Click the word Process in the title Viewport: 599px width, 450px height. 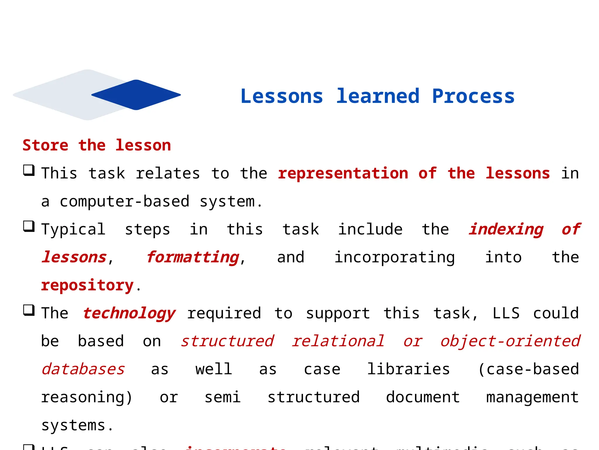pyautogui.click(x=473, y=96)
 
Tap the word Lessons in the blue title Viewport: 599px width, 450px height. pyautogui.click(x=282, y=96)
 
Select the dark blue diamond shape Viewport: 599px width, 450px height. pyautogui.click(x=136, y=95)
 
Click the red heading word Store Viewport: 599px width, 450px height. pyautogui.click(x=45, y=145)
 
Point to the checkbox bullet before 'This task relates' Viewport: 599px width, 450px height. pyautogui.click(x=29, y=170)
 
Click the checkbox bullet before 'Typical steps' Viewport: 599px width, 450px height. pyautogui.click(x=29, y=226)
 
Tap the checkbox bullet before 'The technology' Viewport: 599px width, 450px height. pyautogui.click(x=29, y=310)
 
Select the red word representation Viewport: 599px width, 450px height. pyautogui.click(x=343, y=173)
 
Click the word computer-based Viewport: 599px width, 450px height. pyautogui.click(x=125, y=202)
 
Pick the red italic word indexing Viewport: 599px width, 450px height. pyautogui.click(x=506, y=229)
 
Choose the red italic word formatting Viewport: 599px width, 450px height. pyautogui.click(x=193, y=257)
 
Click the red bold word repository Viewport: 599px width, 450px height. pyautogui.click(x=87, y=285)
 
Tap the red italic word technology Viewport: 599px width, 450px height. pyautogui.click(x=129, y=313)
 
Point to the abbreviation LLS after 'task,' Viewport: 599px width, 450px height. pyautogui.click(x=506, y=313)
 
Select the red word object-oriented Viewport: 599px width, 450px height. pyautogui.click(x=510, y=341)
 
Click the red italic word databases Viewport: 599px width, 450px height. pyautogui.click(x=83, y=369)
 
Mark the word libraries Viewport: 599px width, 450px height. pyautogui.click(x=408, y=369)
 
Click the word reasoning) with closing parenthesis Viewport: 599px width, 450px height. pyautogui.click(x=87, y=397)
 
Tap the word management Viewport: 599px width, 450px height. pyautogui.click(x=532, y=397)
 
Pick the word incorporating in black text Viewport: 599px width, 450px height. pyautogui.click(x=394, y=257)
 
